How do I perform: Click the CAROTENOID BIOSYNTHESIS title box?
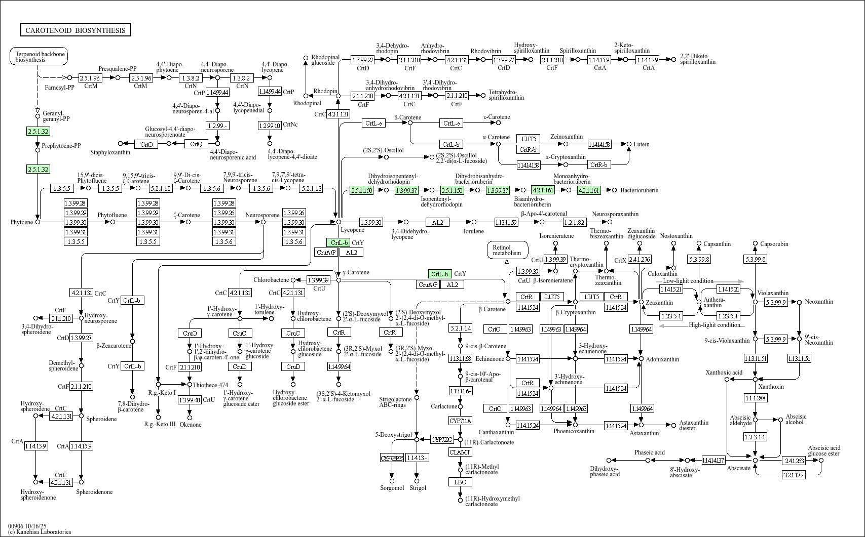click(x=75, y=30)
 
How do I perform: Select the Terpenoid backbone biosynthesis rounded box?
click(x=39, y=57)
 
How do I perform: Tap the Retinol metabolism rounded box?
click(x=507, y=250)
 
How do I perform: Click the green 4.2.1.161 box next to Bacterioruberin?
click(x=588, y=190)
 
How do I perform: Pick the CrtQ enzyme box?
click(x=196, y=144)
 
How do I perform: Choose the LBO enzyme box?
click(x=460, y=482)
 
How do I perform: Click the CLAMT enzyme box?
click(x=460, y=452)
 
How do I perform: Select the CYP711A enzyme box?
click(x=460, y=421)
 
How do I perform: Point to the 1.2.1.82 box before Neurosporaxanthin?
click(x=574, y=222)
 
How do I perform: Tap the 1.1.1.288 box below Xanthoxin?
click(x=755, y=398)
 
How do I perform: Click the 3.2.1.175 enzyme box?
click(x=794, y=475)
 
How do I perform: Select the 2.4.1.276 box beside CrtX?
click(x=640, y=260)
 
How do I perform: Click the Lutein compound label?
click(x=641, y=144)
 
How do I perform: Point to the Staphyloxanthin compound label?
click(x=110, y=152)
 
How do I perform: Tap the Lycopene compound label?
click(x=352, y=230)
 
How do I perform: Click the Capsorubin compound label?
click(x=774, y=244)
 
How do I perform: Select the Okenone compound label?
click(x=190, y=425)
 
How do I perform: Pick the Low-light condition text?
click(x=688, y=281)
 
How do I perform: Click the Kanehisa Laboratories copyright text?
click(x=40, y=532)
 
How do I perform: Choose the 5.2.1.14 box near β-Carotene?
click(x=460, y=328)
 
